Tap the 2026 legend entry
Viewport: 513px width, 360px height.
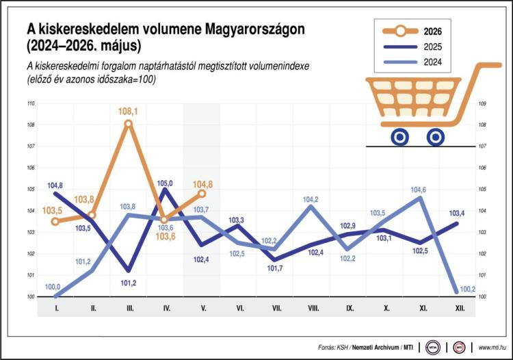412,31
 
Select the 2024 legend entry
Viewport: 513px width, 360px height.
412,62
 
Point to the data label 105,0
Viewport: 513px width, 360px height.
165,183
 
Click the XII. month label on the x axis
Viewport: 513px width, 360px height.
460,308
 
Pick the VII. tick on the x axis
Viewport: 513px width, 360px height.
277,308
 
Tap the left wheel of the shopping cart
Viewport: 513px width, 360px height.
399,138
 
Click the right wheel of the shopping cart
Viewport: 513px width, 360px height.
436,138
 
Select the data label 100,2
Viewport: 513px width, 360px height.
468,290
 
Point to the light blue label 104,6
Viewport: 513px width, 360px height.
418,190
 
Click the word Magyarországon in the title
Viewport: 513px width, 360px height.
255,29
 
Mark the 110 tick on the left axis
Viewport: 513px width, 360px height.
31,103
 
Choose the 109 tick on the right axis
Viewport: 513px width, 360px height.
482,103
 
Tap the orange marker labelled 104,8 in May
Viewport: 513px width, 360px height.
202,194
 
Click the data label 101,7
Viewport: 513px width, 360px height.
275,268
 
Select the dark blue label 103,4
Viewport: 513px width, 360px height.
457,214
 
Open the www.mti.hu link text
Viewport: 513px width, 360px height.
492,348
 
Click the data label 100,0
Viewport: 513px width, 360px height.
53,287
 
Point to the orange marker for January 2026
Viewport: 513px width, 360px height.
55,222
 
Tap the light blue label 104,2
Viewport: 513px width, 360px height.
310,199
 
